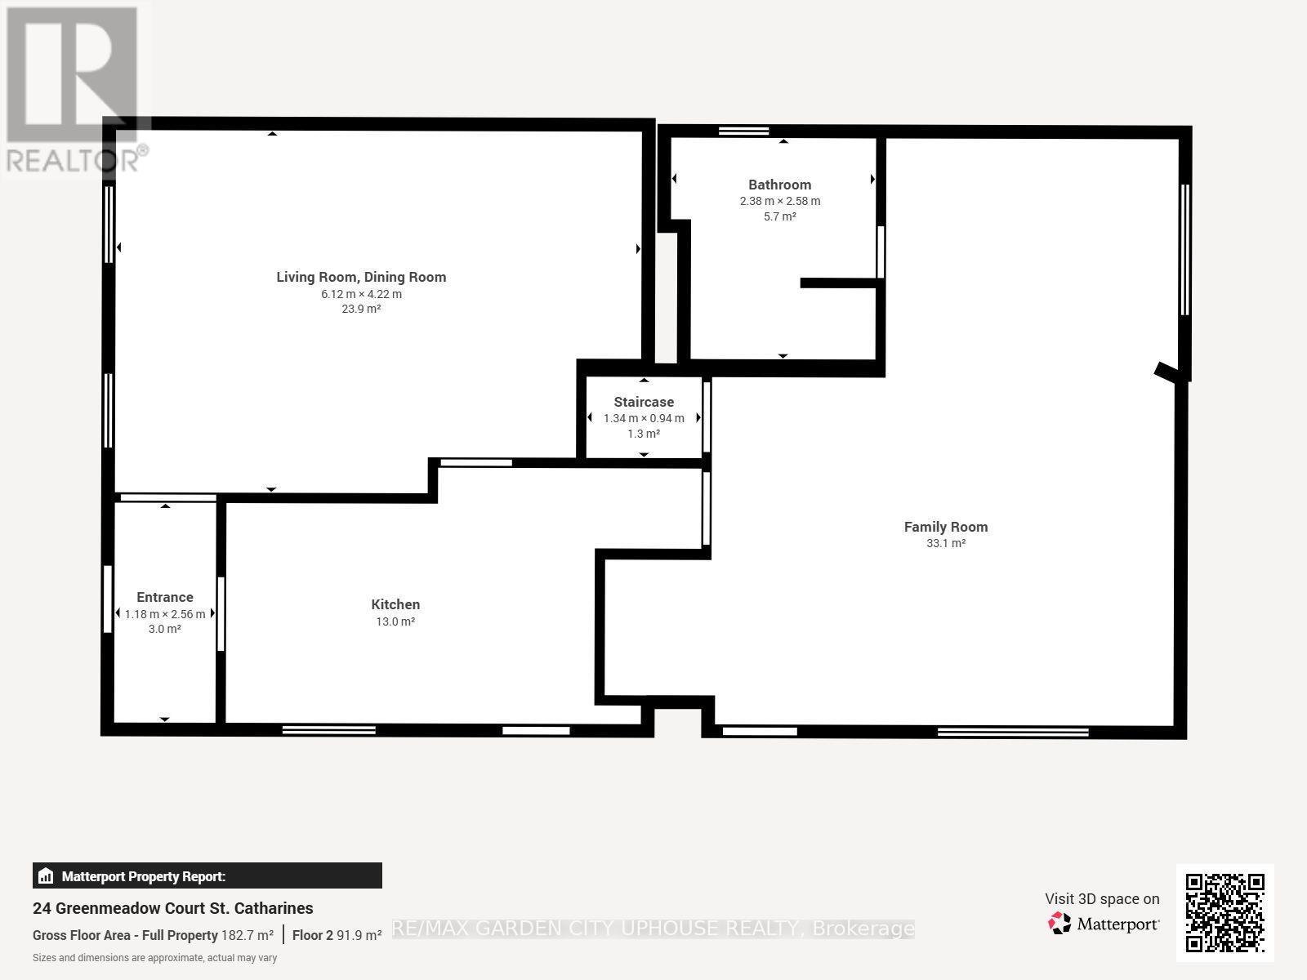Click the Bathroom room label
click(x=779, y=185)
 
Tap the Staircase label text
click(x=644, y=403)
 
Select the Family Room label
click(x=946, y=528)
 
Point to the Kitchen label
click(x=395, y=604)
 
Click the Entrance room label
click(x=165, y=598)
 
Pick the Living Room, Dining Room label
click(x=361, y=278)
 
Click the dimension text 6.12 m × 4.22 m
click(x=361, y=294)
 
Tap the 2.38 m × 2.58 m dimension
click(x=780, y=201)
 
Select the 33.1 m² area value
click(x=946, y=543)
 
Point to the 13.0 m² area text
click(x=395, y=621)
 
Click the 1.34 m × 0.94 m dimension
click(x=644, y=418)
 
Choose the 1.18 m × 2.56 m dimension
click(x=165, y=614)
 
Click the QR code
click(x=1224, y=913)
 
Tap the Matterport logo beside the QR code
click(x=1104, y=924)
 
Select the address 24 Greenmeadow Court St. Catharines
click(x=172, y=908)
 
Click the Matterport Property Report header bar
click(x=207, y=875)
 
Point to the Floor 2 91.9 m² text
click(x=337, y=935)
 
